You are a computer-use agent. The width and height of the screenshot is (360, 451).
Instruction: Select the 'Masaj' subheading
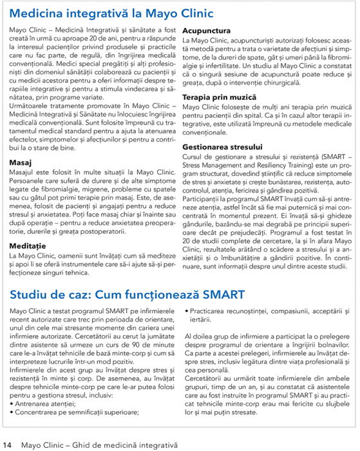tap(22, 162)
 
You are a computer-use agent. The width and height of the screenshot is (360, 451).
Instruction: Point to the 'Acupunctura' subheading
tap(207, 30)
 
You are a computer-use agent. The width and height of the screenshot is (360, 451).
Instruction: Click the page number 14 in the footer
tap(7, 445)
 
